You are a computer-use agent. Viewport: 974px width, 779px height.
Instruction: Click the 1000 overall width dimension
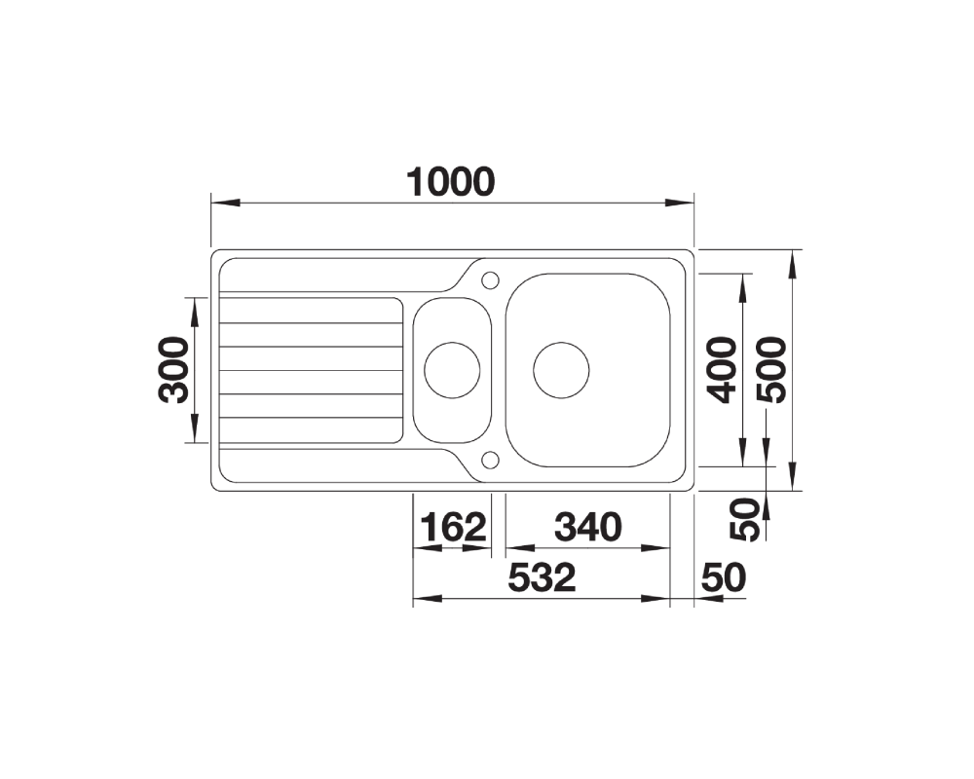[x=451, y=181]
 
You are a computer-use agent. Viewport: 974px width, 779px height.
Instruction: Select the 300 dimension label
[x=174, y=370]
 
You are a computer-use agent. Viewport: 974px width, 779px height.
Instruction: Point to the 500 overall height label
[x=770, y=370]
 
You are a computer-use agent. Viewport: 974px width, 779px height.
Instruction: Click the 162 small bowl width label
[x=454, y=527]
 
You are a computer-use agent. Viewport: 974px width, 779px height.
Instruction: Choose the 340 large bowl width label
[x=587, y=527]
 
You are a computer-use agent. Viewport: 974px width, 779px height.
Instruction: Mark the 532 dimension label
[x=542, y=577]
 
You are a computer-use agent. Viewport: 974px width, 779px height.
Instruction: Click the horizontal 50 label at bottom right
[x=724, y=577]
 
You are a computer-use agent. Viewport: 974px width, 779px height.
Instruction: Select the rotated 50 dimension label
[x=744, y=519]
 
